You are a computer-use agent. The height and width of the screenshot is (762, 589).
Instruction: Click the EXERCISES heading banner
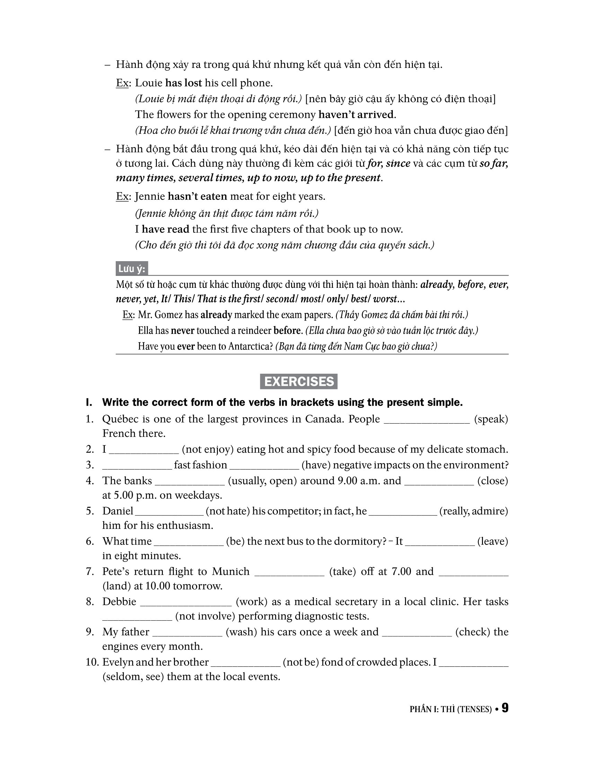299,381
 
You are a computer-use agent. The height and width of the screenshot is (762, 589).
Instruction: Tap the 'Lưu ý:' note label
132,269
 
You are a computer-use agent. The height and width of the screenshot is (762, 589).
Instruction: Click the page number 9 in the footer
505,708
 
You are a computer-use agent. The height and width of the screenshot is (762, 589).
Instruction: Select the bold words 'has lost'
184,83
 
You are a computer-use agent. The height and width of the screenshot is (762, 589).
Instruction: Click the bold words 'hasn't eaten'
197,196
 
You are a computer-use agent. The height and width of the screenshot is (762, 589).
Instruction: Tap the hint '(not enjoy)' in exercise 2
208,449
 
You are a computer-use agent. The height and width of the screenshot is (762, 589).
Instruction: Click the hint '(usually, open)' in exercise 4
262,481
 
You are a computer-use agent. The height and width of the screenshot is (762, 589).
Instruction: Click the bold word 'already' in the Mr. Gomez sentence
216,315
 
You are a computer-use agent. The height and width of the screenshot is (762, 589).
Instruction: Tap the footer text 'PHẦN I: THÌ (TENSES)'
450,709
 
